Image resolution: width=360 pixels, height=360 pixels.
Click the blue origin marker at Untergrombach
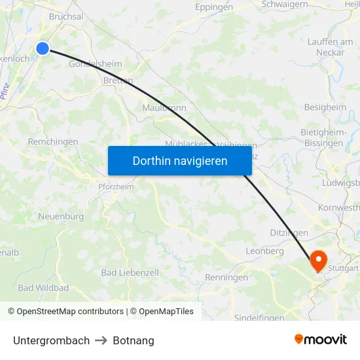pos(43,48)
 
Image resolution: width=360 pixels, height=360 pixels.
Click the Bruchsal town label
pos(66,16)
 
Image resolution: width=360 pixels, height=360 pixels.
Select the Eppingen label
pos(214,7)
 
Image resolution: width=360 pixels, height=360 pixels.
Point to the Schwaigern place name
pos(285,4)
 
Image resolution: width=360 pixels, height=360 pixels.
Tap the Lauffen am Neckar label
pos(331,46)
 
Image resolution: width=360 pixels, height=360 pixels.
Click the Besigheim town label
pos(325,107)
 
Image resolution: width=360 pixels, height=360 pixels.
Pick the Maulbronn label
pos(164,107)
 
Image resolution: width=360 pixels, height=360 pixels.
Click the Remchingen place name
pos(53,141)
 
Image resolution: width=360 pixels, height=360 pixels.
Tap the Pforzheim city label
pos(115,187)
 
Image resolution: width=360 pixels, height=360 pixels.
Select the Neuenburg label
pos(61,216)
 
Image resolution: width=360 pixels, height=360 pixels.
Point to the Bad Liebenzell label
pos(130,272)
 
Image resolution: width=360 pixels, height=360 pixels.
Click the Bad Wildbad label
pos(43,287)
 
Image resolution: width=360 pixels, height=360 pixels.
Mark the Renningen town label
pos(226,277)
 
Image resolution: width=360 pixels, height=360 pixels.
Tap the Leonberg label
pos(264,251)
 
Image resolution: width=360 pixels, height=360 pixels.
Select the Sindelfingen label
pos(259,317)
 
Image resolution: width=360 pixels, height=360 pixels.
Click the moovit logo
pos(321,340)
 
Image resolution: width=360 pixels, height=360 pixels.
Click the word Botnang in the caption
pos(134,340)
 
